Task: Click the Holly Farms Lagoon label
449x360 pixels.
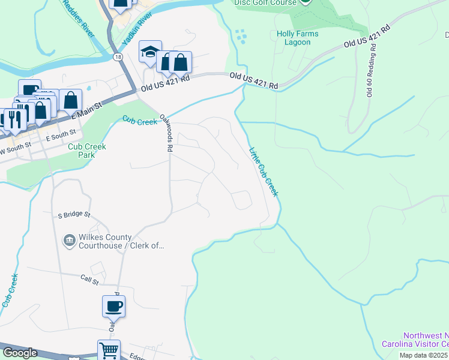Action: point(294,38)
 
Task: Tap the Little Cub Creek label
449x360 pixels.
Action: point(264,172)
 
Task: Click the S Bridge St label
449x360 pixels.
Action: point(74,214)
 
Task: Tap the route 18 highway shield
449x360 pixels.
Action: point(118,56)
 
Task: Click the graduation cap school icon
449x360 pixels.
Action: point(150,52)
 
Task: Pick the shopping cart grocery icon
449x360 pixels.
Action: point(109,350)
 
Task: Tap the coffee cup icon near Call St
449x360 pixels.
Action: point(113,307)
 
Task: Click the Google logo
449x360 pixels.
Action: point(20,353)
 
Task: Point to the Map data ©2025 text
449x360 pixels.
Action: point(424,355)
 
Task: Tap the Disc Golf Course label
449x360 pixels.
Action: point(273,2)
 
